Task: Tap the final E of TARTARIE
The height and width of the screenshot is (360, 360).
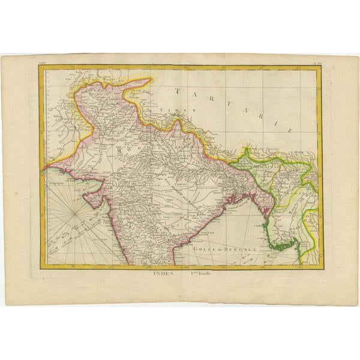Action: [289, 130]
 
